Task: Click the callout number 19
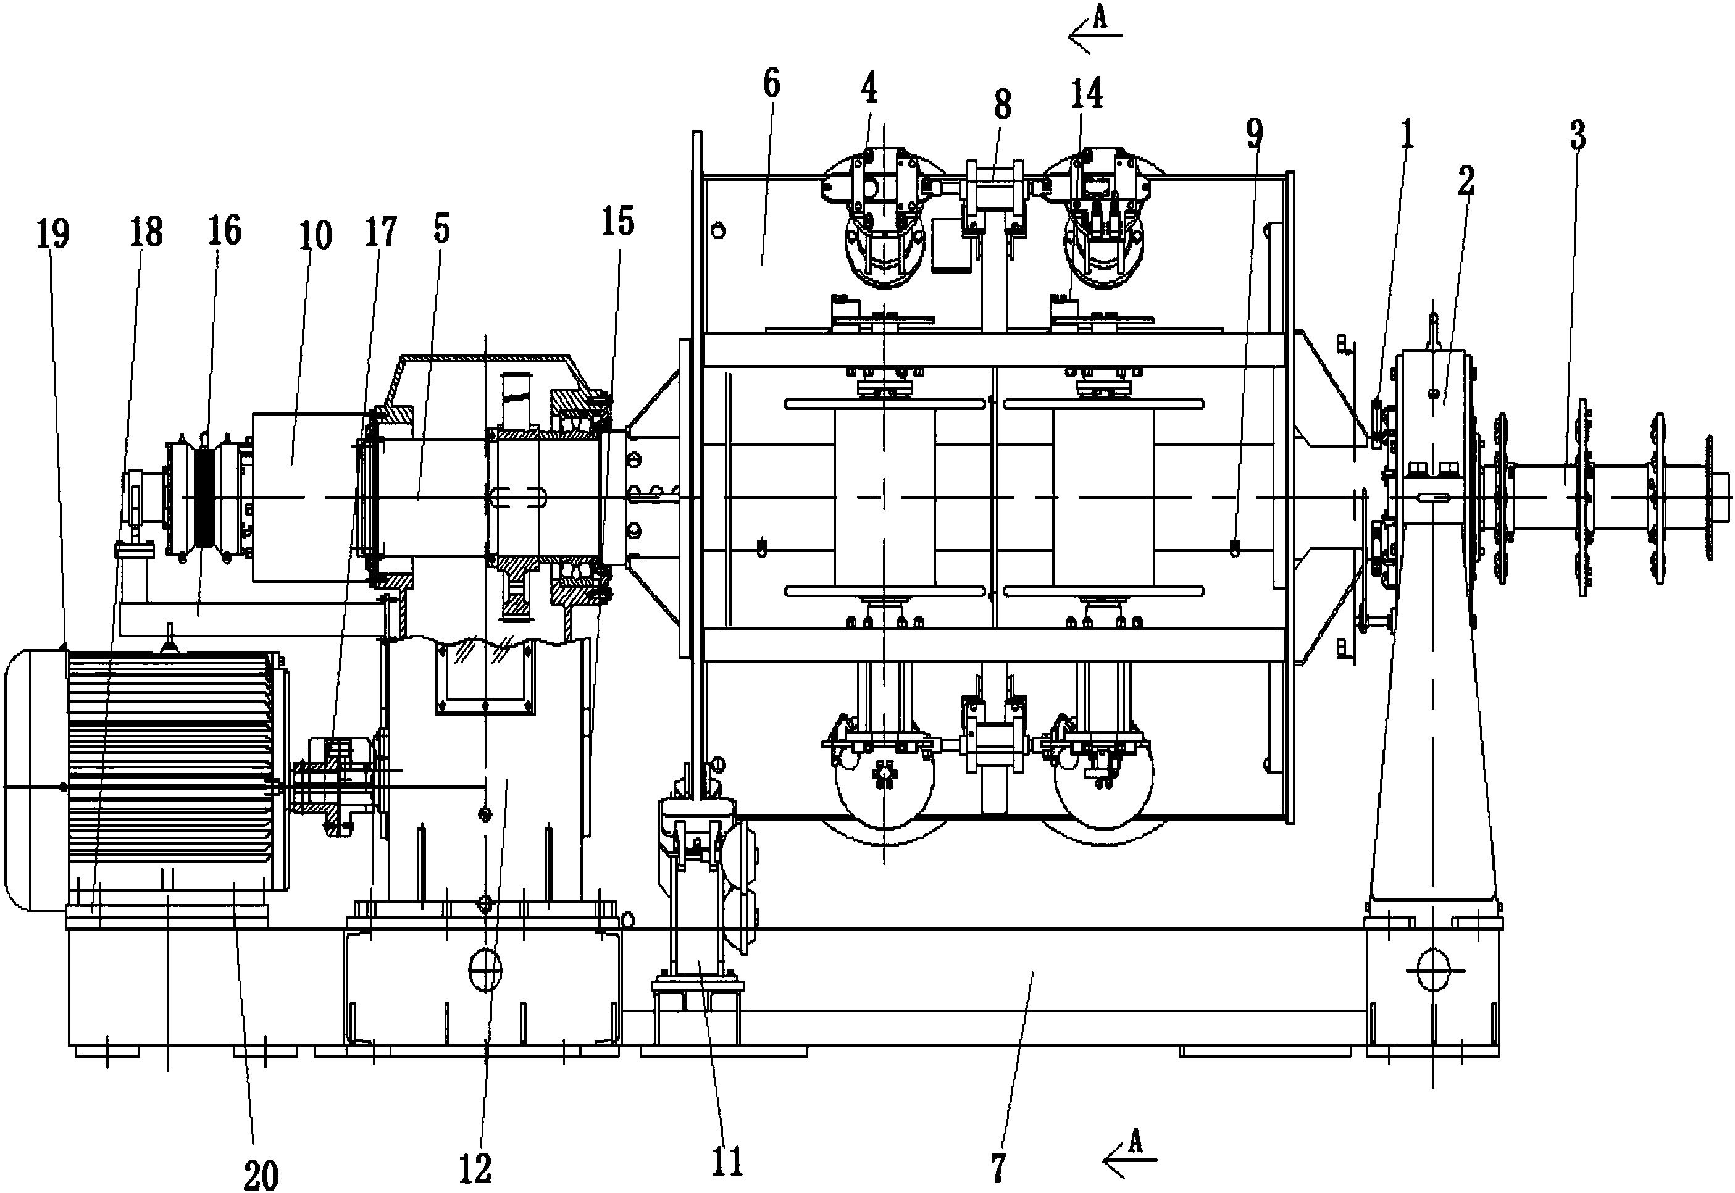click(x=52, y=235)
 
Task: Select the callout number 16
click(x=225, y=232)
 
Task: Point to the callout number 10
click(x=316, y=235)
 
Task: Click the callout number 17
click(x=380, y=232)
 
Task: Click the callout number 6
click(x=772, y=84)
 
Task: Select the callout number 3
click(x=1578, y=136)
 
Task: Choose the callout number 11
click(x=727, y=1162)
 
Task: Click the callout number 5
click(x=441, y=228)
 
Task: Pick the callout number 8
click(x=1002, y=106)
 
